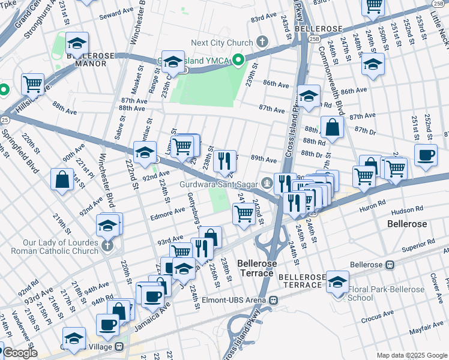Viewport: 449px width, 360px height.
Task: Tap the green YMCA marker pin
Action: click(238, 60)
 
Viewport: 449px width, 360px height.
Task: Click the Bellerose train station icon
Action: click(390, 264)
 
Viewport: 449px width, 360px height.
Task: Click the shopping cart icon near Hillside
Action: click(32, 85)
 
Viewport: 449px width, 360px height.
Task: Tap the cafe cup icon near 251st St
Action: click(426, 155)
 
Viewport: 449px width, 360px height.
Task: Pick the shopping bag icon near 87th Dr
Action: click(332, 127)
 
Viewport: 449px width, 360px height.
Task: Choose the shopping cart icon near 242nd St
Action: click(244, 213)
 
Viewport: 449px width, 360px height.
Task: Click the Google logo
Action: click(20, 353)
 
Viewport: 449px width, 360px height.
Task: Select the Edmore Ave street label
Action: click(171, 211)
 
